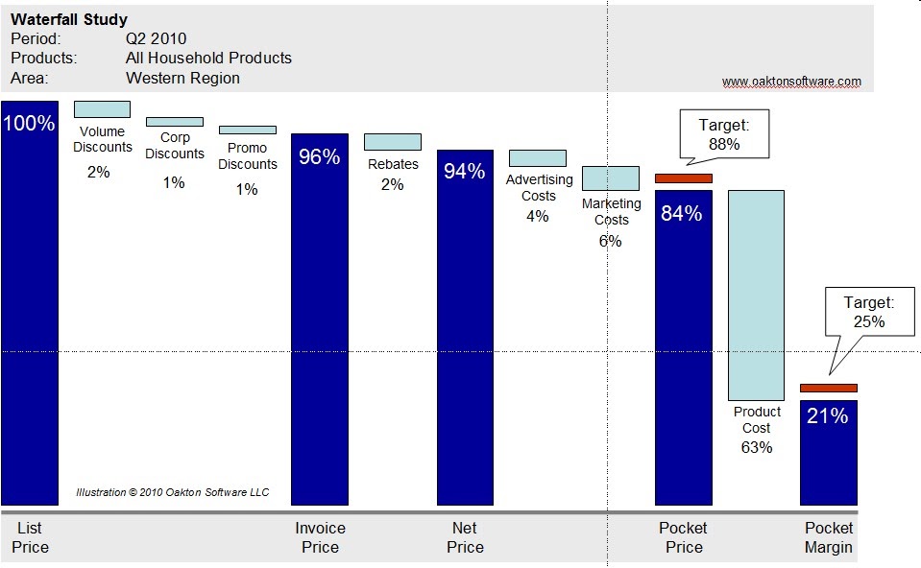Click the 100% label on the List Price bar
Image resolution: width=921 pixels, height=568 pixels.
[x=29, y=123]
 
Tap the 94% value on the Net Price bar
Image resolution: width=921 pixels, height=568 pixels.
[x=465, y=172]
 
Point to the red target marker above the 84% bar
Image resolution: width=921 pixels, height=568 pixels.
[x=683, y=177]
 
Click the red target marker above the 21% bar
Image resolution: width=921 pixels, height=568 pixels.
[x=828, y=388]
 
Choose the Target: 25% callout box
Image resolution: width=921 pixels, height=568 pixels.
[x=868, y=313]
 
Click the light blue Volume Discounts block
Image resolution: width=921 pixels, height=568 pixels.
[x=102, y=108]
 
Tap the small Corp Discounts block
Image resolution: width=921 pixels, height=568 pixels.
[x=174, y=122]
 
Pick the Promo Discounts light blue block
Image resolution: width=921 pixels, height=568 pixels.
[x=247, y=130]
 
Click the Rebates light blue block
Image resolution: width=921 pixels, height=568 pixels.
[x=392, y=142]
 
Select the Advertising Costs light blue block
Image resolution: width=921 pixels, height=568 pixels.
[x=537, y=158]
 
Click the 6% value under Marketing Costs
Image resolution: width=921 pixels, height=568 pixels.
[x=610, y=241]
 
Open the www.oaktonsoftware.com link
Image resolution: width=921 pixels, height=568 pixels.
[x=791, y=82]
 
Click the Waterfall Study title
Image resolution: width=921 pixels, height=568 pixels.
[x=69, y=19]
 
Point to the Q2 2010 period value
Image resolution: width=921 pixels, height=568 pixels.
[x=156, y=39]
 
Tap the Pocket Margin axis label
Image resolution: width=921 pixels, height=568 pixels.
[x=828, y=537]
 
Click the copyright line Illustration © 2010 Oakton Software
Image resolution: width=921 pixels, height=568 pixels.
[x=173, y=492]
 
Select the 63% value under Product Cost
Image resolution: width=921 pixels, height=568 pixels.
[x=756, y=447]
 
